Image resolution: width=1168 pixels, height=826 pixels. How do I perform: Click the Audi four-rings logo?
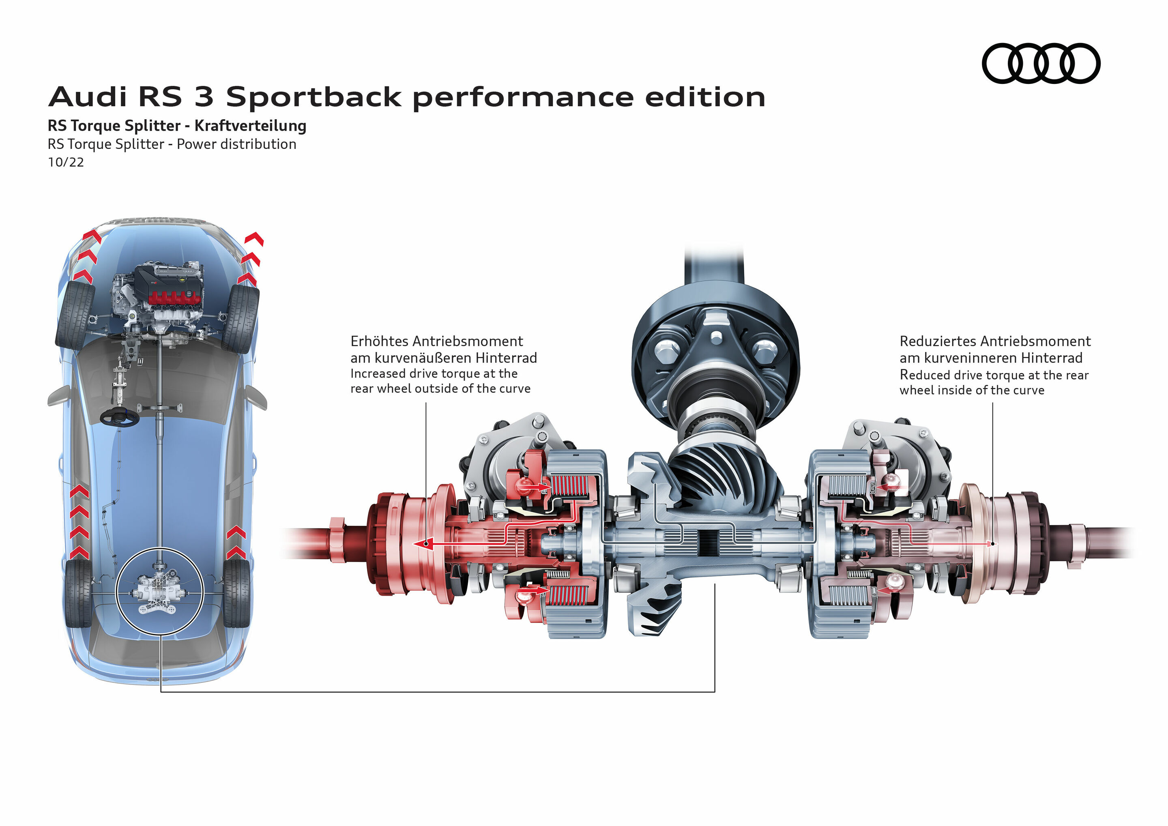(x=1040, y=63)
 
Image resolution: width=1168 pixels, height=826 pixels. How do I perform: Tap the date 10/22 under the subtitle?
(x=66, y=162)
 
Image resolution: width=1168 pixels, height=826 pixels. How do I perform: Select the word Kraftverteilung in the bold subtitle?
(x=250, y=126)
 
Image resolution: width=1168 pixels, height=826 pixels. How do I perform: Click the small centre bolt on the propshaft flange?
(x=716, y=337)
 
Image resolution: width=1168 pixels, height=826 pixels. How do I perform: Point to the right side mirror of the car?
(x=256, y=397)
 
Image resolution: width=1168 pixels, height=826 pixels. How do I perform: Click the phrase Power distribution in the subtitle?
(x=236, y=144)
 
